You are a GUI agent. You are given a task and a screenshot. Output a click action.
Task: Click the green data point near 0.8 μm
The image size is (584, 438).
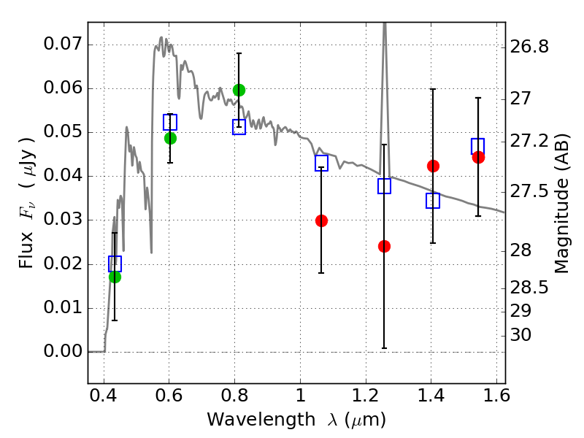click(x=239, y=90)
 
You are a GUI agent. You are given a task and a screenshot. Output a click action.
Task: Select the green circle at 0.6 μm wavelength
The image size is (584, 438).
click(x=170, y=138)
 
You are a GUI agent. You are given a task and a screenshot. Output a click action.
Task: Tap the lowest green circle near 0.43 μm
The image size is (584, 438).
click(x=115, y=277)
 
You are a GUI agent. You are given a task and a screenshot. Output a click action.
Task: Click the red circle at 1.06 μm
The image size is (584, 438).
click(x=321, y=220)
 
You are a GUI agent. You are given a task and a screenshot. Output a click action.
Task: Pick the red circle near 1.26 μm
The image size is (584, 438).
click(x=384, y=246)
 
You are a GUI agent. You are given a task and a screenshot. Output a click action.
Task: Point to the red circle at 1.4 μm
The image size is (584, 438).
click(x=433, y=166)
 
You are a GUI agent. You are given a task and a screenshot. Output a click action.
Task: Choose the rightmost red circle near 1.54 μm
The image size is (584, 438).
click(x=478, y=157)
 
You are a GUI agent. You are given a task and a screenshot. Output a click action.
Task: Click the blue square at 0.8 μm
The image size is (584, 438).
click(x=239, y=127)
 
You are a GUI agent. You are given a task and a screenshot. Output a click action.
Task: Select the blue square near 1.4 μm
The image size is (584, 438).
click(x=433, y=201)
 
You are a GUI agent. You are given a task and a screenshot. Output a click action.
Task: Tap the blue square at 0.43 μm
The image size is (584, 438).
click(x=115, y=264)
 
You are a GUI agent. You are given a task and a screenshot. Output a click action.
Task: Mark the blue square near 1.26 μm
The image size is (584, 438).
click(x=384, y=186)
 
